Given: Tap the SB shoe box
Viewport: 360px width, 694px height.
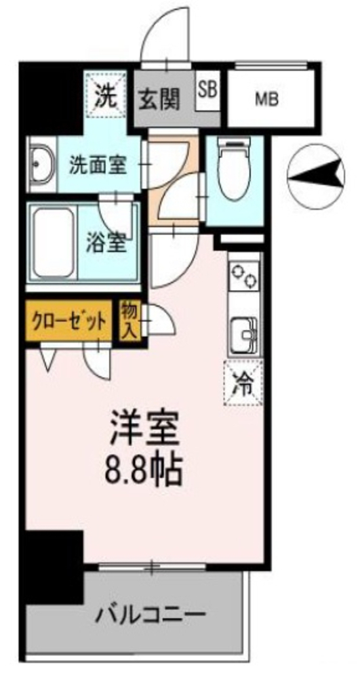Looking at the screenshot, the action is (x=207, y=91).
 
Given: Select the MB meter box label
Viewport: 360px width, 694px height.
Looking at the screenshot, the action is (x=267, y=100).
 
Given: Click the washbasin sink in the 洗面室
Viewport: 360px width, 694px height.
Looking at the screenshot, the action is (x=42, y=165).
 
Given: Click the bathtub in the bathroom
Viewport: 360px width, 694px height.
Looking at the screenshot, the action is (x=54, y=243).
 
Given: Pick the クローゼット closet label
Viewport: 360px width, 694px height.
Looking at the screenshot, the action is (x=68, y=320).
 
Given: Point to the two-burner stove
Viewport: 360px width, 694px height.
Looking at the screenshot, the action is (x=243, y=274).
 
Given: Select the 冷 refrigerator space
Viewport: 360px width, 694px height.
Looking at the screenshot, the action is (x=243, y=382).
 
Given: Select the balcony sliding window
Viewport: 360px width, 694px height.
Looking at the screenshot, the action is (x=152, y=566).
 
